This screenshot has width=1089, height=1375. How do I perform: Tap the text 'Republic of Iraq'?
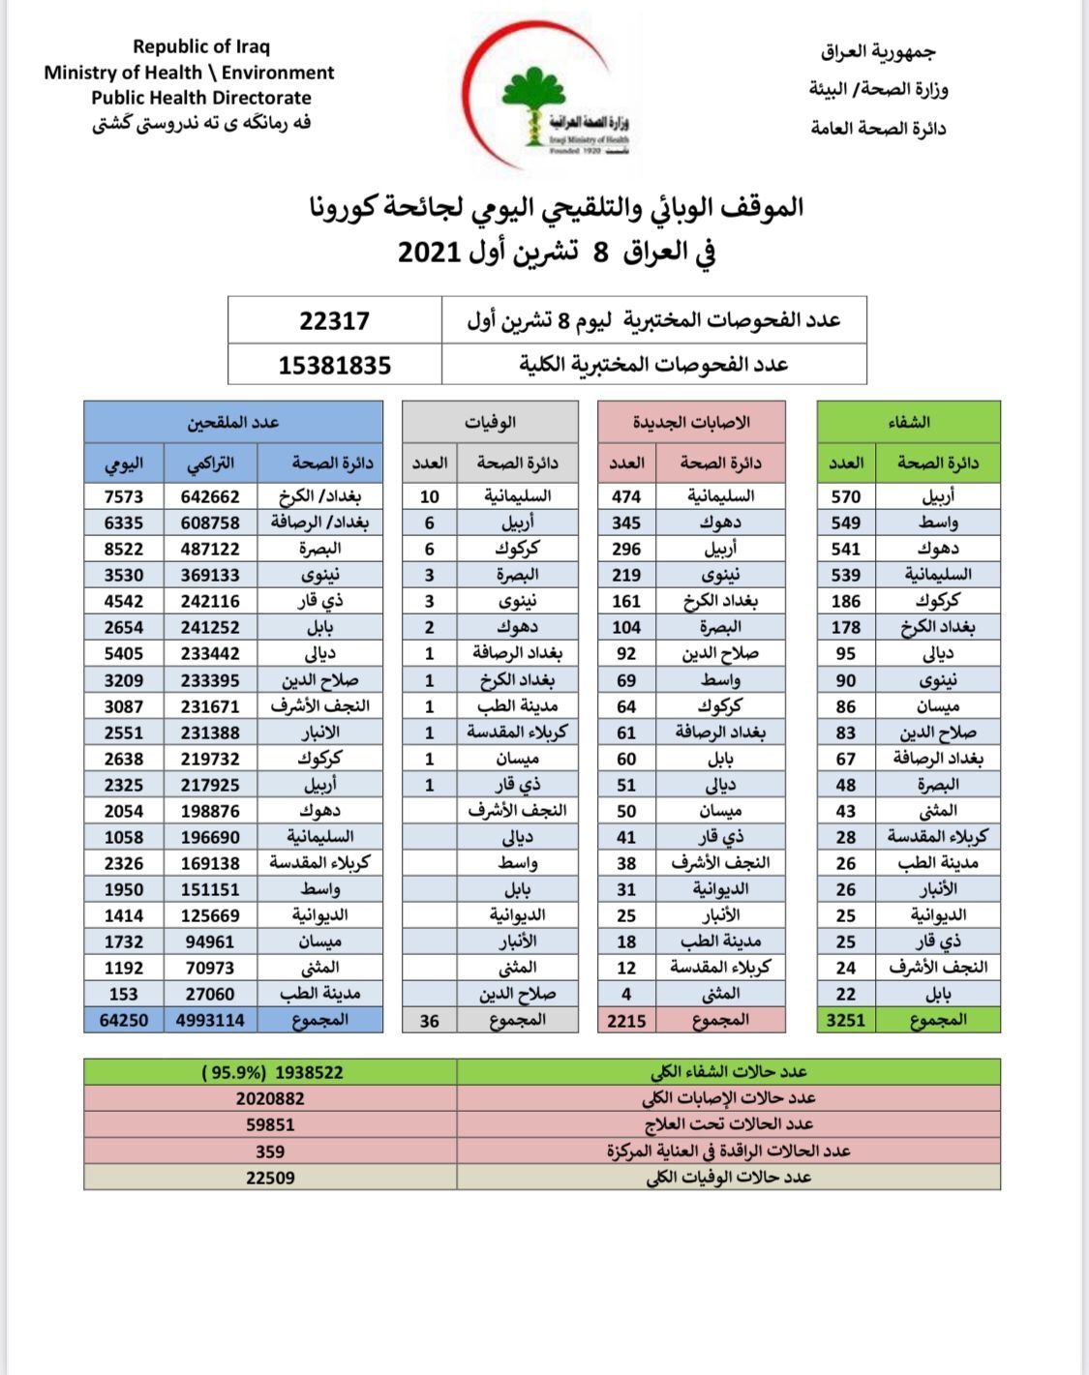pos(201,46)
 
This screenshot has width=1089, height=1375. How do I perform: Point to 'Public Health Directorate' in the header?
pos(201,98)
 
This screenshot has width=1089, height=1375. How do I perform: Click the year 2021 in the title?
pos(428,253)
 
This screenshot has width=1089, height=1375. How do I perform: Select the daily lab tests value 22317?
pos(334,320)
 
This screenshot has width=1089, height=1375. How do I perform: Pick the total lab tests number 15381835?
pos(334,366)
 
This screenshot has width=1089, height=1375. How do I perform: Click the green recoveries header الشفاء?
pos(908,422)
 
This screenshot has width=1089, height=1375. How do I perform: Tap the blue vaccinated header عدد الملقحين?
pos(233,422)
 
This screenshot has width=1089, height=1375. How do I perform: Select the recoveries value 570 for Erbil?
pos(845,496)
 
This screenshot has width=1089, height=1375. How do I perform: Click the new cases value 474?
pos(626,496)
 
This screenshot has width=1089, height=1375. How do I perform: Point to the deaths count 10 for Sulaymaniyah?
pos(430,496)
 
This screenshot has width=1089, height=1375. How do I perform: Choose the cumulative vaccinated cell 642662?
pos(210,496)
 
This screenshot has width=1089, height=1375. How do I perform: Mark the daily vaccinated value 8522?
pos(124,549)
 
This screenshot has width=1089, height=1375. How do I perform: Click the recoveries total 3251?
pos(845,1020)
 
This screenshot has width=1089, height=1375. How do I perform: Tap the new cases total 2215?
pos(626,1020)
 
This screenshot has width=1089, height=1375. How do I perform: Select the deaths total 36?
pos(430,1020)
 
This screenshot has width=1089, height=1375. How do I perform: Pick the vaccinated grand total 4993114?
pos(210,1020)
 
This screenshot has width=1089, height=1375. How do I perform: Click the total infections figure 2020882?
pos(270,1098)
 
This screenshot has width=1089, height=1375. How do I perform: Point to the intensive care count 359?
pos(270,1151)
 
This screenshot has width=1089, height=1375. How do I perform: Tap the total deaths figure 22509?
pos(270,1178)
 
